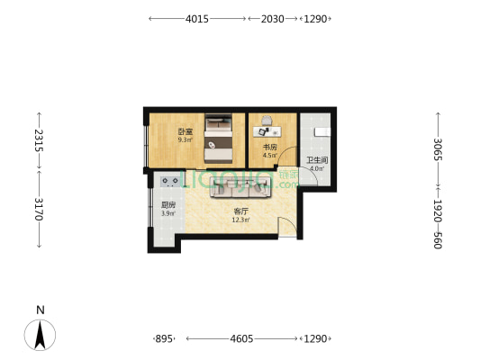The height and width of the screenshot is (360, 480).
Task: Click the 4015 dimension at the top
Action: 197,19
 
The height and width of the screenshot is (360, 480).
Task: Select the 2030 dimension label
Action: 273,19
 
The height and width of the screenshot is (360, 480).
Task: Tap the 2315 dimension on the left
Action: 39,140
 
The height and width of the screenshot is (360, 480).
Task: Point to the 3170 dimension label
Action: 39,209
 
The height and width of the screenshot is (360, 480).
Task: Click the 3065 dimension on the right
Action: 438,149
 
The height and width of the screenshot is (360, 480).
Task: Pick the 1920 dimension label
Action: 438,211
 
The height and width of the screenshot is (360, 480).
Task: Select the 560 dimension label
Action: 438,240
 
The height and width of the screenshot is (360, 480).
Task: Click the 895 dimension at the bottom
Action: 164,339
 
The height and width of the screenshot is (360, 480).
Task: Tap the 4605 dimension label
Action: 241,339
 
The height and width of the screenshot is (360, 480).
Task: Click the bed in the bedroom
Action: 218,139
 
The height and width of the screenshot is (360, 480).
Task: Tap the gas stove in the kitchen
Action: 170,182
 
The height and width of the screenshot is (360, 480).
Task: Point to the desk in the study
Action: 267,131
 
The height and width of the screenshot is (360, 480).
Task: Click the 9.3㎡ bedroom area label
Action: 186,140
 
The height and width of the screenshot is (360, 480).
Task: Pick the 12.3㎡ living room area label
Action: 240,220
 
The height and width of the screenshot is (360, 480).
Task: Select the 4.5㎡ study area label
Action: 269,155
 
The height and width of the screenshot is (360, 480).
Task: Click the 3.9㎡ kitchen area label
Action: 168,213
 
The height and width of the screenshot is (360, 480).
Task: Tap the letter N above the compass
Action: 41,310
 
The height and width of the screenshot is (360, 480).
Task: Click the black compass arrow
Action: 40,335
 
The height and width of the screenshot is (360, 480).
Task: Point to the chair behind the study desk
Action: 267,121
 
